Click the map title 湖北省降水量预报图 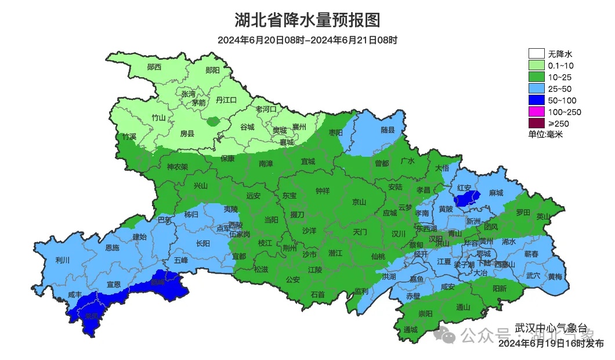[307, 20]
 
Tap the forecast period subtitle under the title [307, 40]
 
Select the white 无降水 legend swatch [536, 54]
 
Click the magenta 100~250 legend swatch [536, 111]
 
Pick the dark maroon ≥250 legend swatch [536, 123]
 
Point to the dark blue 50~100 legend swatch [536, 100]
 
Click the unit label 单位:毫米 [545, 134]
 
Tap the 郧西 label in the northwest [154, 67]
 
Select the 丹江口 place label [226, 100]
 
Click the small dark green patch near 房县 [214, 122]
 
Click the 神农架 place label [178, 167]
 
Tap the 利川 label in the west [62, 260]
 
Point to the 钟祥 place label [323, 190]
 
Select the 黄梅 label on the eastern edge [555, 276]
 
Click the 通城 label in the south [411, 329]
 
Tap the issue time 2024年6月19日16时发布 [551, 344]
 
